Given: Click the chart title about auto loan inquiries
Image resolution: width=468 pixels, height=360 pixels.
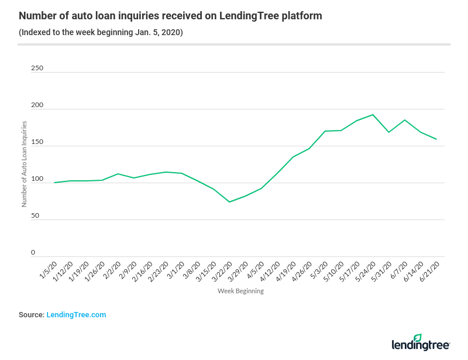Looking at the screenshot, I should [x=170, y=16].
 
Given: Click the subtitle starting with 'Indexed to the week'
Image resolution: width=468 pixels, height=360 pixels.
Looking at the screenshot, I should [x=101, y=32].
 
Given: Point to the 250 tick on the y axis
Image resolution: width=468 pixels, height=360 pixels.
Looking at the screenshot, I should [x=37, y=68].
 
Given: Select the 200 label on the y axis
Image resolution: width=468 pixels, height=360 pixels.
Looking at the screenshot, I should [x=37, y=105].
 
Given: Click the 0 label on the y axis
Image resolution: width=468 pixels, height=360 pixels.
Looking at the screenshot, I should [x=33, y=252].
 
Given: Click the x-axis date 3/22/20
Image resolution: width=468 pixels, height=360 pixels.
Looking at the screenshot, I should [x=223, y=272].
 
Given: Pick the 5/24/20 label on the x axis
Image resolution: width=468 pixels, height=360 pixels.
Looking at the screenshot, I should [x=366, y=272].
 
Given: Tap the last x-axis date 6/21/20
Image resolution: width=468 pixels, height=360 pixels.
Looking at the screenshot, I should [x=429, y=272].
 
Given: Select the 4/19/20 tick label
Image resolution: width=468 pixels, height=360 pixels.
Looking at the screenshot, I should [x=286, y=272].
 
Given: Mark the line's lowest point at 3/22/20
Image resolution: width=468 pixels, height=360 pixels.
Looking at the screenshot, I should [x=229, y=202].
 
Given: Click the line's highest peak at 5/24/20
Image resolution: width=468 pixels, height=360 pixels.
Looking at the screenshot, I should [x=373, y=115].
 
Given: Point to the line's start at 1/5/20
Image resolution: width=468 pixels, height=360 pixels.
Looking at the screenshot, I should [x=54, y=183].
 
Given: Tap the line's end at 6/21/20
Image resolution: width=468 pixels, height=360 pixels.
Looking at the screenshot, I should [x=436, y=139].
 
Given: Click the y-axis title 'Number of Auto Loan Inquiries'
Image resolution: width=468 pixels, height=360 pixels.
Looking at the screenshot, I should [x=25, y=164].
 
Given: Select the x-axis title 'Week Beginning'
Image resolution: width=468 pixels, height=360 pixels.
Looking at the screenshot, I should [x=240, y=291].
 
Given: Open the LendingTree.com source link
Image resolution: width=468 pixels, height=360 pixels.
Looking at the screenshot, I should [x=76, y=315].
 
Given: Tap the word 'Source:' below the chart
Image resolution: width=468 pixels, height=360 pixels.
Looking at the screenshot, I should [x=31, y=315].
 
